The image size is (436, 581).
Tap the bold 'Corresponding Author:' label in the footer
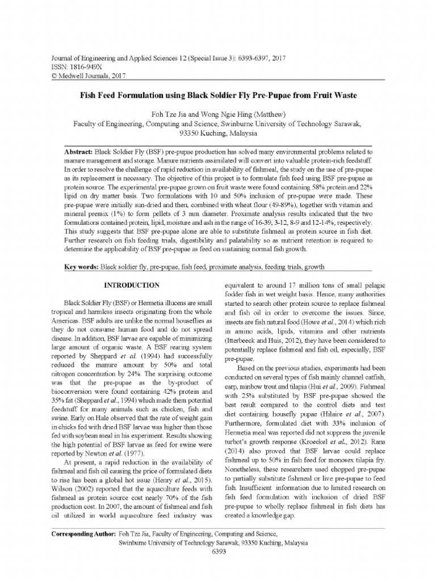[x=83, y=534]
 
